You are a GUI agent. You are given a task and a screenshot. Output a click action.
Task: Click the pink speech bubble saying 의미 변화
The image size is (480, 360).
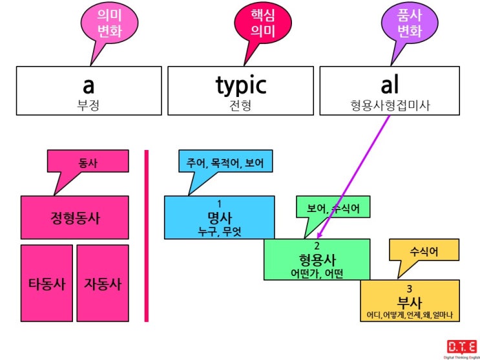pyautogui.click(x=109, y=23)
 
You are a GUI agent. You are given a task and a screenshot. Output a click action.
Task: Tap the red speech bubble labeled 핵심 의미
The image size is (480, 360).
pyautogui.click(x=263, y=23)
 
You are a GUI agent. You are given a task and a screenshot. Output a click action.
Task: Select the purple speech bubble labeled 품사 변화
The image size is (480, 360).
pyautogui.click(x=410, y=23)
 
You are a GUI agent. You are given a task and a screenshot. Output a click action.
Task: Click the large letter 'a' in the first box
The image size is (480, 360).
pyautogui.click(x=89, y=85)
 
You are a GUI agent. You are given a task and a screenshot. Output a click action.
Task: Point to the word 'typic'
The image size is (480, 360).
pyautogui.click(x=241, y=86)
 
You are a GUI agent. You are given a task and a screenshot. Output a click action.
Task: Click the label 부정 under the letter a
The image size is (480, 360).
pyautogui.click(x=89, y=106)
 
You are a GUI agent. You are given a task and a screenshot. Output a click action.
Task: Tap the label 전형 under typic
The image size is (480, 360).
pyautogui.click(x=240, y=106)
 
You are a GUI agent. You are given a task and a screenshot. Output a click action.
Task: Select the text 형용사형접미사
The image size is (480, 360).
pyautogui.click(x=390, y=106)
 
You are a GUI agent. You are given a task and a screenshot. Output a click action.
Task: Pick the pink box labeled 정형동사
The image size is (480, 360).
pyautogui.click(x=75, y=218)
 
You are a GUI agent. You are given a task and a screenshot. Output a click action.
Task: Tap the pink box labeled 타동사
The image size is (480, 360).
pyautogui.click(x=47, y=283)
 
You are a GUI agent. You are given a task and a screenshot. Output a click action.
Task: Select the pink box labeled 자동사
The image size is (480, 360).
pyautogui.click(x=103, y=283)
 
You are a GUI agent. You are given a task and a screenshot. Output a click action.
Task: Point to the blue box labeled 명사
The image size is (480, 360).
pyautogui.click(x=220, y=218)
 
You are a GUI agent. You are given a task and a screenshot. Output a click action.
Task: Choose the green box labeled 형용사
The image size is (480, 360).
pyautogui.click(x=317, y=260)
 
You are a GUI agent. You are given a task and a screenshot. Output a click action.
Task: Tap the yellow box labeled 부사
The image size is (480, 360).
pyautogui.click(x=410, y=301)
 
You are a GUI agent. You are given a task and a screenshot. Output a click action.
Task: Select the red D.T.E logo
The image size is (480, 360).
pyautogui.click(x=462, y=346)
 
